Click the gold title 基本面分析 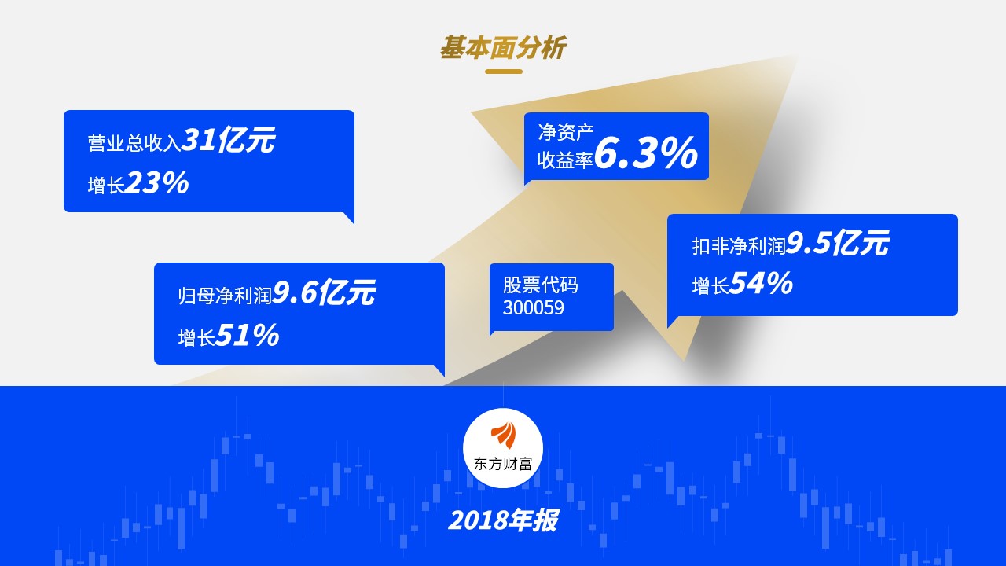pos(503,48)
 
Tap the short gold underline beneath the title pos(504,72)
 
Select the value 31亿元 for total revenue pos(228,140)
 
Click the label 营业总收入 pos(134,143)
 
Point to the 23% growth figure pos(156,183)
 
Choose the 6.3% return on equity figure pos(646,153)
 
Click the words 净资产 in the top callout pos(566,132)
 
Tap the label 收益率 pos(565,160)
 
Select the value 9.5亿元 pos(838,243)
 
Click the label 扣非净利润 pos(739,246)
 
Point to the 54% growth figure pos(761,284)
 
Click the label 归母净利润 pos(225,295)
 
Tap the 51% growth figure pos(248,335)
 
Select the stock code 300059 pos(533,308)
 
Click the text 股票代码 pos(540,285)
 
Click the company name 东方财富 pos(503,464)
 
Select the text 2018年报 pos(503,520)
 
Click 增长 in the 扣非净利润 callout pos(710,286)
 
